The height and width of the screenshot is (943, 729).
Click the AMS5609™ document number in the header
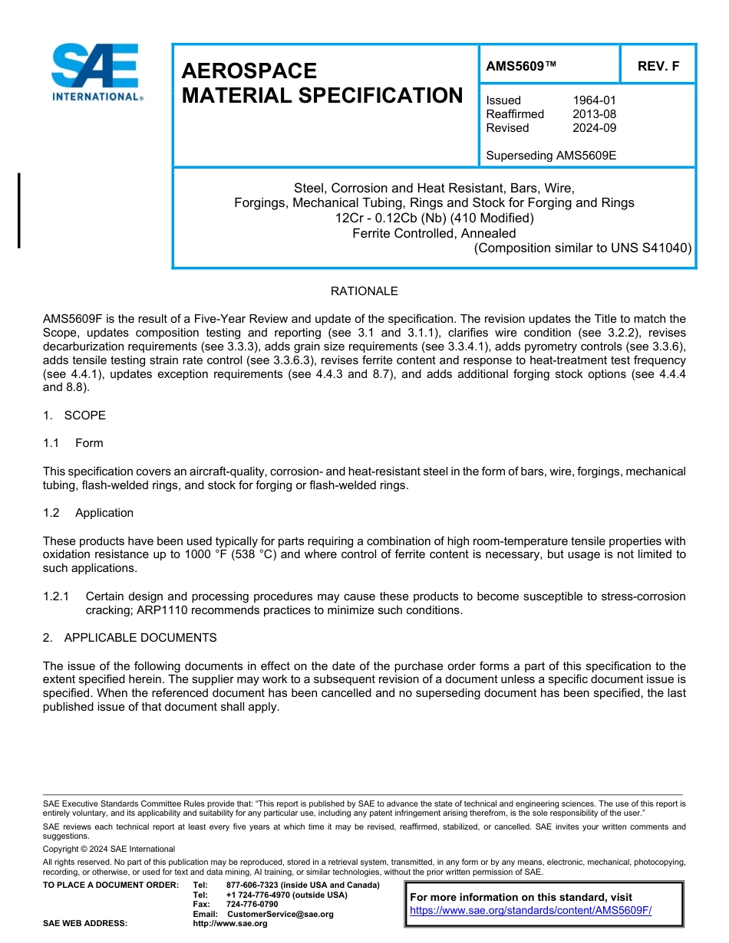tap(521, 66)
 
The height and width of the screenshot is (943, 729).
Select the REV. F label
tap(658, 66)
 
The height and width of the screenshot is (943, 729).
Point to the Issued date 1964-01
tap(594, 100)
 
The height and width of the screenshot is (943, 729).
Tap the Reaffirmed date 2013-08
tap(594, 114)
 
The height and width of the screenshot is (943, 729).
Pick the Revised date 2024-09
tap(594, 128)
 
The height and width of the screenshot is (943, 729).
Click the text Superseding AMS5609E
tap(551, 156)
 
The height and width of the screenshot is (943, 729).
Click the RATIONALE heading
tap(364, 291)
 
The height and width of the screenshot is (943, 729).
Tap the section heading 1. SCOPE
tap(74, 416)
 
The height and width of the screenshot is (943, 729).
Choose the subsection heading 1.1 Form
tap(74, 443)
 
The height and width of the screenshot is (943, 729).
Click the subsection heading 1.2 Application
tap(89, 513)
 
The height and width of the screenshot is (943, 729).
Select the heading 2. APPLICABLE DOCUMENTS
tap(130, 638)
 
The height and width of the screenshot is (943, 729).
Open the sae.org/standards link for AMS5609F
tap(530, 911)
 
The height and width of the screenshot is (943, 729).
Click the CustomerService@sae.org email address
tap(280, 914)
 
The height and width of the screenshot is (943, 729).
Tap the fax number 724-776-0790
tap(252, 904)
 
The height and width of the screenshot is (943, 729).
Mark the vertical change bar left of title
tap(19, 210)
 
